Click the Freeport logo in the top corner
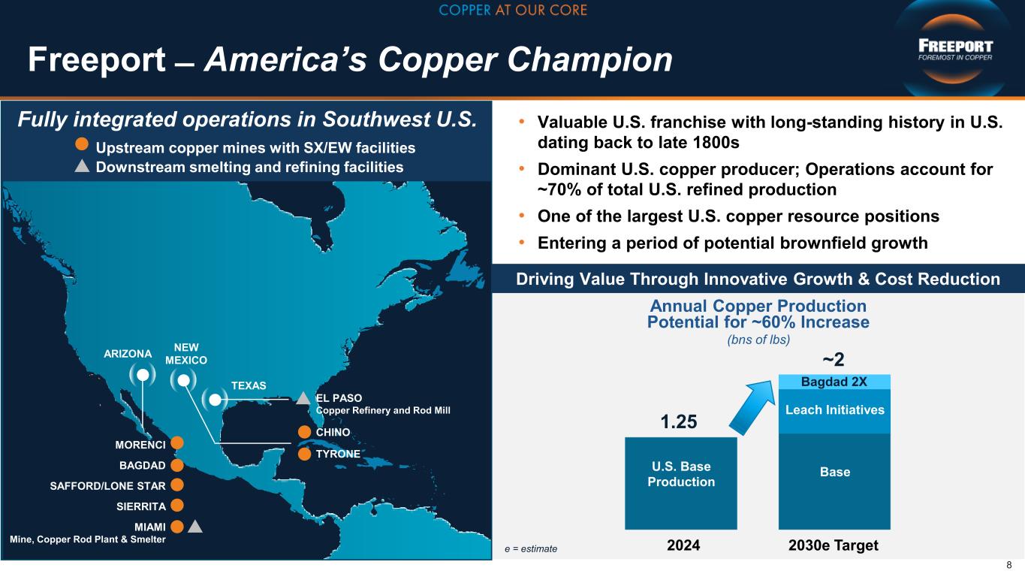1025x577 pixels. click(955, 50)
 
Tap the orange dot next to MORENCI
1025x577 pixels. click(177, 443)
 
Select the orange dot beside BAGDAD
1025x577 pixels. click(177, 465)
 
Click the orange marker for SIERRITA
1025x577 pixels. click(177, 506)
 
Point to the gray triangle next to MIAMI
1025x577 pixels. click(195, 527)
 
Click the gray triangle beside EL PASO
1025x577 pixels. click(303, 398)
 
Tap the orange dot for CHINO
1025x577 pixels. click(304, 432)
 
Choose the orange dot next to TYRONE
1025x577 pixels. click(304, 454)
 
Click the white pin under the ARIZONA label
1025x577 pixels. click(143, 375)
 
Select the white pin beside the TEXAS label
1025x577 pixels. click(215, 400)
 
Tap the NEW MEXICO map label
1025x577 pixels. click(186, 354)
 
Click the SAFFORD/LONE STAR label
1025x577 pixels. click(107, 486)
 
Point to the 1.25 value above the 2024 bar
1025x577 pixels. click(679, 421)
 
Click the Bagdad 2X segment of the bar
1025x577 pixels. click(835, 382)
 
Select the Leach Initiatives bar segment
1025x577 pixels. click(835, 411)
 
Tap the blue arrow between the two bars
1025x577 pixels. click(752, 407)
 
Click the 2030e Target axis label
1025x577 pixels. click(834, 545)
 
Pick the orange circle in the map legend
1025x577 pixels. click(81, 143)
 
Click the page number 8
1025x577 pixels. click(1009, 565)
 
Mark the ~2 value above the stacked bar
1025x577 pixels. click(834, 360)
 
